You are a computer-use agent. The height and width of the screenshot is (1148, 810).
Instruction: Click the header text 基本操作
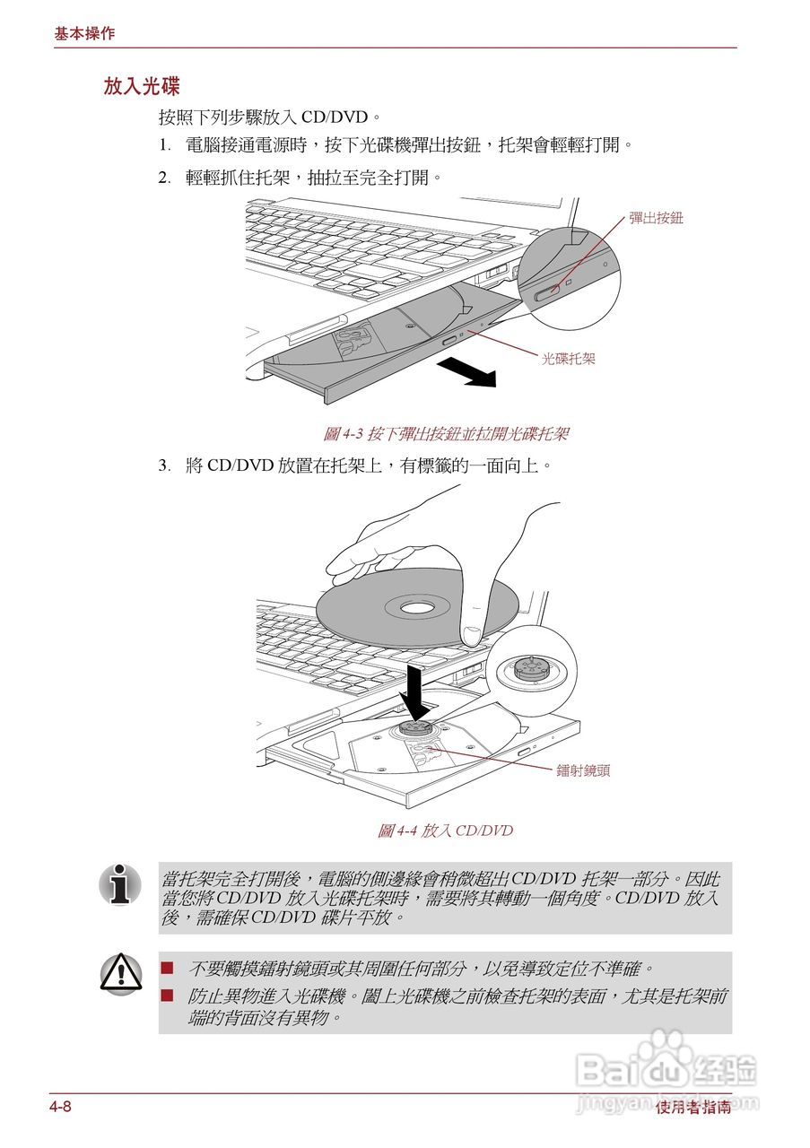pyautogui.click(x=84, y=33)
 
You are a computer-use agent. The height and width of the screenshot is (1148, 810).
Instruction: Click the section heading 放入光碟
pyautogui.click(x=142, y=86)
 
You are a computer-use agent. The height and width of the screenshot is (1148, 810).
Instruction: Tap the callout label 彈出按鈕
pyautogui.click(x=656, y=217)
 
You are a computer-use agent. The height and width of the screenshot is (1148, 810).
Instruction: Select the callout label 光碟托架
pyautogui.click(x=568, y=359)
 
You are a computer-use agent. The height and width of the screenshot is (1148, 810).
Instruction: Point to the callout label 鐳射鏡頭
pyautogui.click(x=583, y=770)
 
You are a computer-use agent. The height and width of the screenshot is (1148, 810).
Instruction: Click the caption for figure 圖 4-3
pyautogui.click(x=446, y=434)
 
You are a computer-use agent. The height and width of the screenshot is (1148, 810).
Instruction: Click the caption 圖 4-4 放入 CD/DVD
pyautogui.click(x=445, y=831)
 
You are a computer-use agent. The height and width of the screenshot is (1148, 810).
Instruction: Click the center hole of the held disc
pyautogui.click(x=416, y=608)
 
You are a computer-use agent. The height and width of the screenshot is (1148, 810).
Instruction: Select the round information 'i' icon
pyautogui.click(x=120, y=884)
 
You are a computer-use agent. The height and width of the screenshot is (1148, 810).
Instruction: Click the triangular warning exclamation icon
pyautogui.click(x=120, y=973)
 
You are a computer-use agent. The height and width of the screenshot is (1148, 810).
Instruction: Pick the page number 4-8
pyautogui.click(x=60, y=1107)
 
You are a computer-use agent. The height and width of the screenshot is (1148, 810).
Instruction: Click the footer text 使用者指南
pyautogui.click(x=692, y=1108)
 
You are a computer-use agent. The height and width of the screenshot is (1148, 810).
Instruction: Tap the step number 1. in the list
pyautogui.click(x=164, y=144)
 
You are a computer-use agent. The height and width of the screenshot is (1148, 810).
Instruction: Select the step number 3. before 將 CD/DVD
pyautogui.click(x=164, y=465)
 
